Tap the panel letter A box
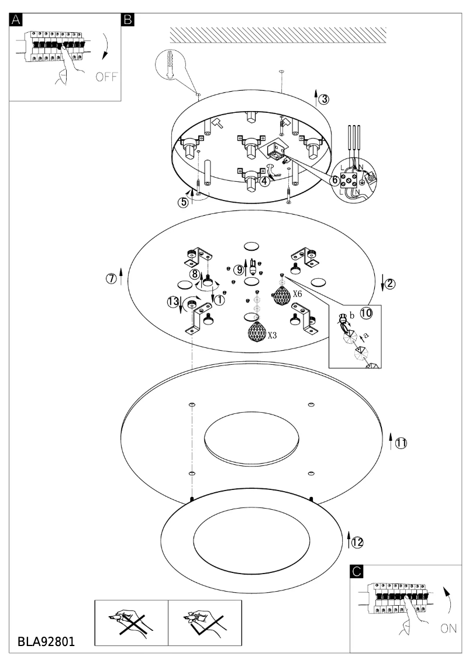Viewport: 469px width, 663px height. [16, 19]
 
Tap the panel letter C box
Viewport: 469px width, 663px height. [357, 572]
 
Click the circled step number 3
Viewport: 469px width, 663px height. [324, 99]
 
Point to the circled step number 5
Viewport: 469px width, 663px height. [184, 202]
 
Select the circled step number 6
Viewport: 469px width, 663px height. [335, 181]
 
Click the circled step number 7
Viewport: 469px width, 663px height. [111, 278]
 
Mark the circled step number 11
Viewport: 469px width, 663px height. [401, 443]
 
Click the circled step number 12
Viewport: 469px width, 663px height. [357, 542]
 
